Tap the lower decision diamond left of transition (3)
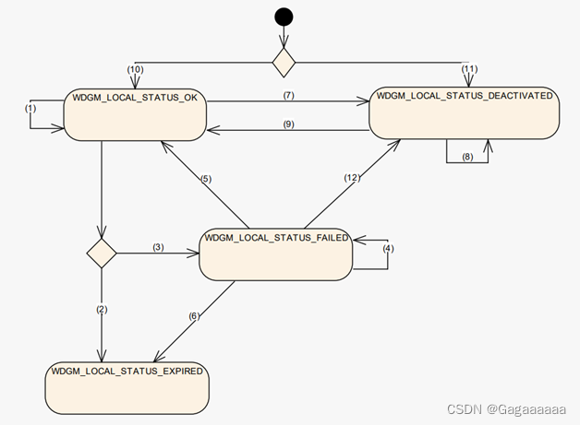(x=101, y=250)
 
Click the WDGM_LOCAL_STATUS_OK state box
(x=134, y=115)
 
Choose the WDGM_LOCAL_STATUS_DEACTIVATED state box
(x=464, y=113)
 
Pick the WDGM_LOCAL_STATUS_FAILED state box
(x=276, y=252)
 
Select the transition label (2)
(x=101, y=309)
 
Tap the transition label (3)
(x=158, y=247)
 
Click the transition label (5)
(x=207, y=179)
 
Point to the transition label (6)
(x=193, y=316)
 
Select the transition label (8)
(x=468, y=158)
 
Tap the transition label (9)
(x=288, y=124)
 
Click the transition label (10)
(x=135, y=70)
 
